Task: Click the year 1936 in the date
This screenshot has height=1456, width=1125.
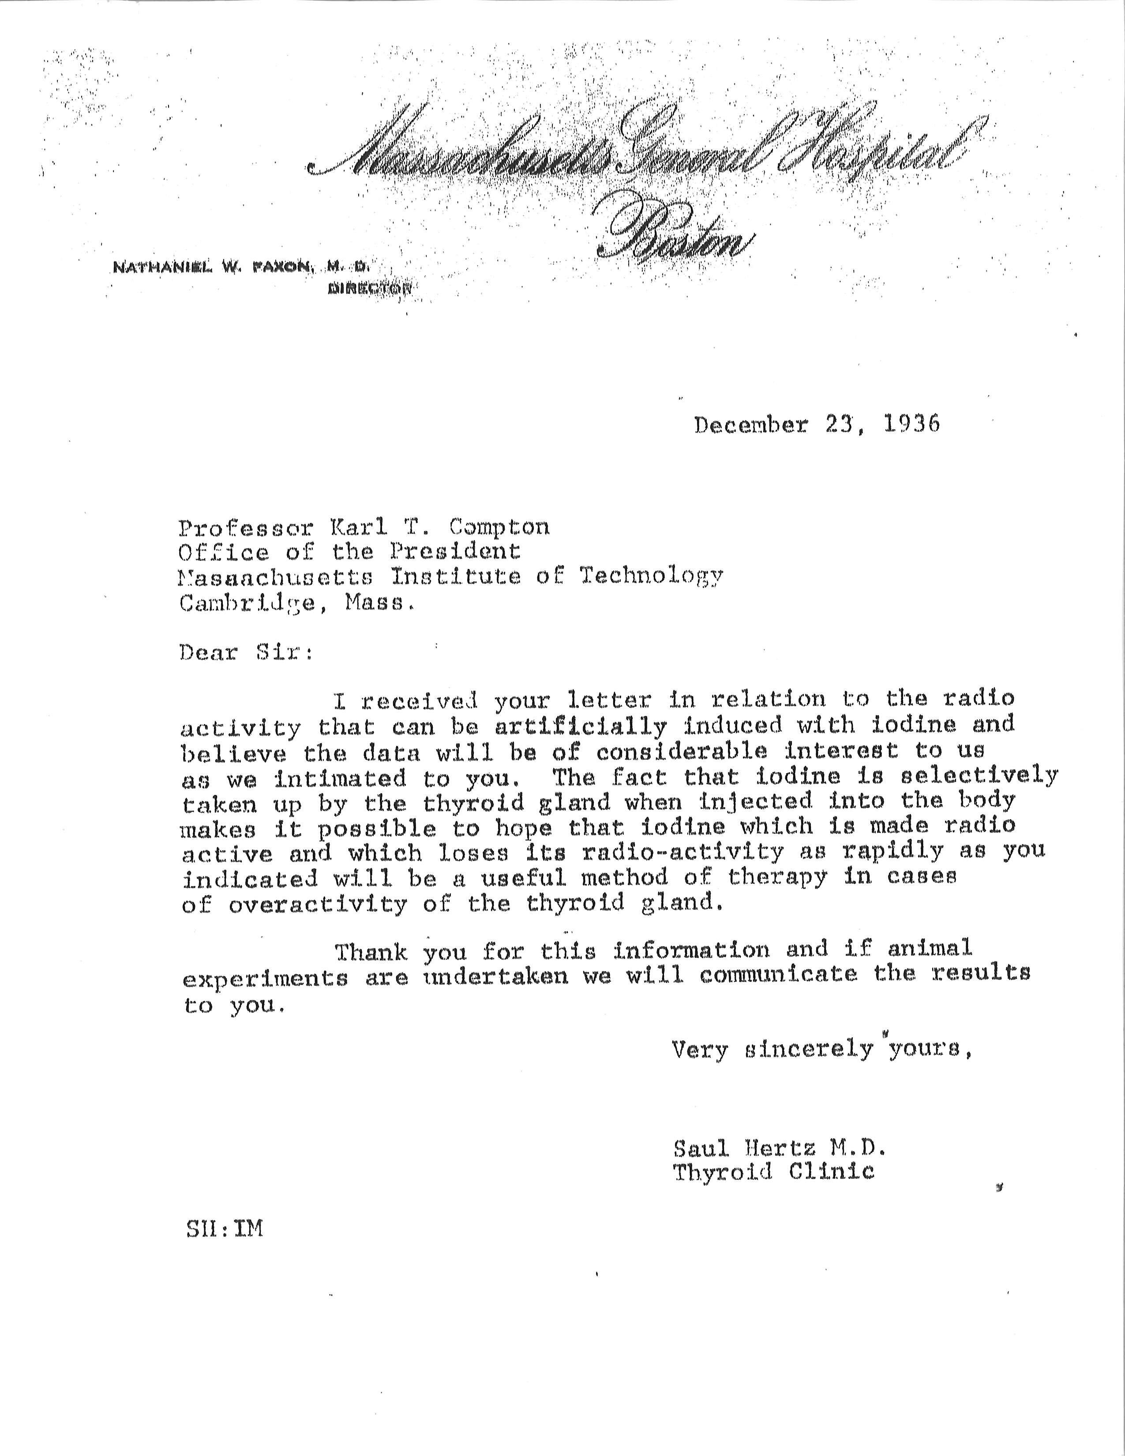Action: click(912, 424)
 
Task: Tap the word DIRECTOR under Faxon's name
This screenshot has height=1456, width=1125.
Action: click(369, 288)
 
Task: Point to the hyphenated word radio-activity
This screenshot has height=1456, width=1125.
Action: click(682, 852)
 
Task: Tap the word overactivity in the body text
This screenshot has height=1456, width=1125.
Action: click(317, 904)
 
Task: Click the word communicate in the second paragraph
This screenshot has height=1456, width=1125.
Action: click(778, 975)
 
